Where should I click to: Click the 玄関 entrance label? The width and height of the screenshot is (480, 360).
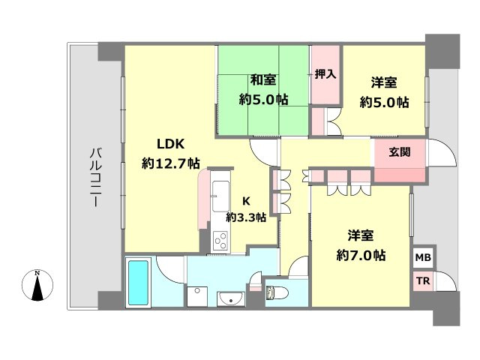pyautogui.click(x=400, y=151)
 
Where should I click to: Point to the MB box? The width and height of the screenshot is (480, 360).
pyautogui.click(x=422, y=256)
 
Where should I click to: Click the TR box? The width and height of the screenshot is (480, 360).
pyautogui.click(x=422, y=281)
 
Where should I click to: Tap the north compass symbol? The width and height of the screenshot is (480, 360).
pyautogui.click(x=39, y=287)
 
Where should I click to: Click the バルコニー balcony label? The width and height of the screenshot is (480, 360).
pyautogui.click(x=95, y=177)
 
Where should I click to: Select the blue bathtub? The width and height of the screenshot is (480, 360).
pyautogui.click(x=139, y=282)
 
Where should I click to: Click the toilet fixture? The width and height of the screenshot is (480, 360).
pyautogui.click(x=274, y=292)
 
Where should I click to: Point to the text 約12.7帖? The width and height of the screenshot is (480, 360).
pyautogui.click(x=170, y=162)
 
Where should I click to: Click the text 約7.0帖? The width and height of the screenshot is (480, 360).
pyautogui.click(x=361, y=255)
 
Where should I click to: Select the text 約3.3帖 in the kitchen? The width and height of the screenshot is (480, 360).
pyautogui.click(x=247, y=217)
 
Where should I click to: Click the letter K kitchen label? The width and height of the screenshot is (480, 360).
pyautogui.click(x=246, y=200)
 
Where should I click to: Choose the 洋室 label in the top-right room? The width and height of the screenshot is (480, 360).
pyautogui.click(x=384, y=82)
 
